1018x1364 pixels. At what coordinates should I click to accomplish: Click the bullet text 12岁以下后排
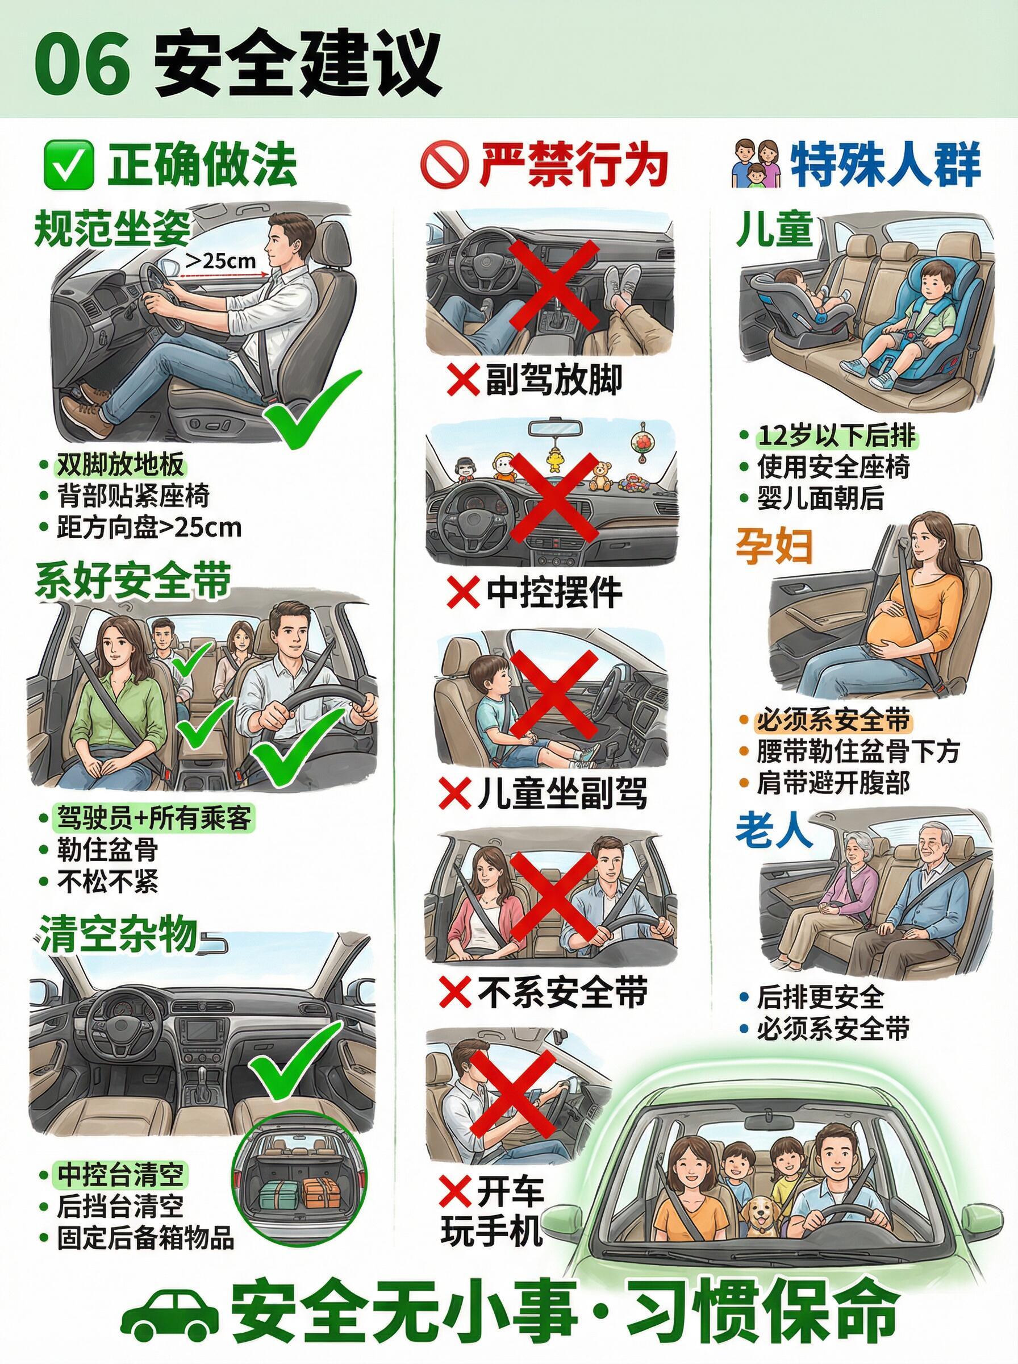[x=837, y=436]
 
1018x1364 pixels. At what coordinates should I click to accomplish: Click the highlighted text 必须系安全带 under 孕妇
[x=833, y=720]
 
